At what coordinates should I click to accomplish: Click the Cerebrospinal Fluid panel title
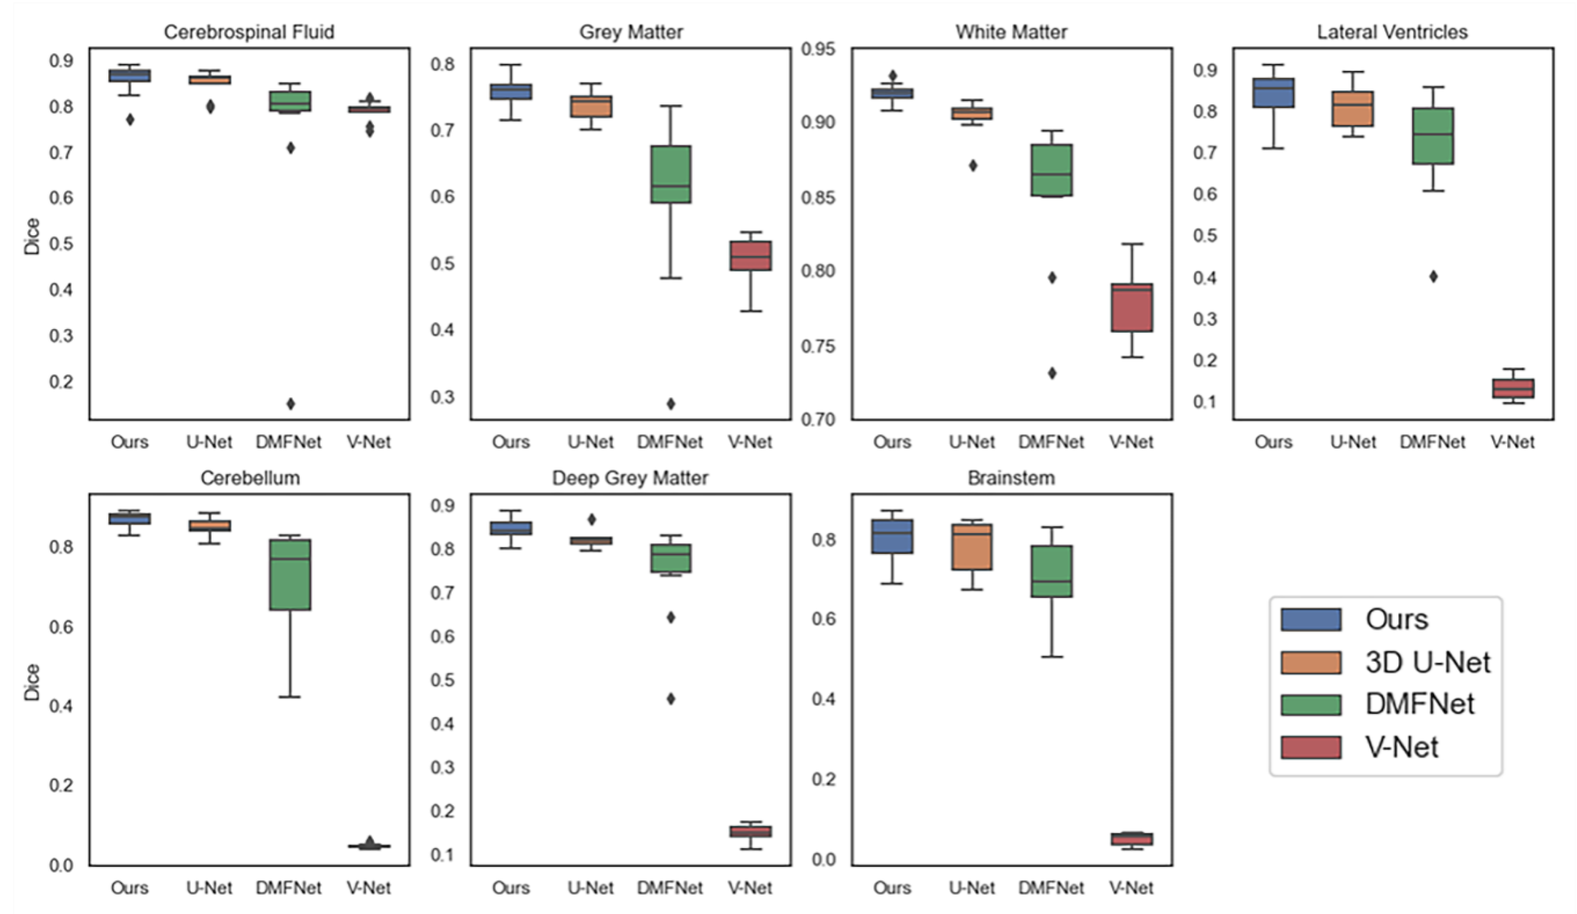(x=249, y=32)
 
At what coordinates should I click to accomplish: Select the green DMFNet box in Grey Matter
(x=670, y=174)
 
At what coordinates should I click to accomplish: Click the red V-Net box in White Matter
(x=1131, y=307)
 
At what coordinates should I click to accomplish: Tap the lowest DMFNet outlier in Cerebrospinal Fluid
(x=290, y=403)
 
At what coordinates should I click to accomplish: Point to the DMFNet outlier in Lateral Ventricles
(x=1433, y=276)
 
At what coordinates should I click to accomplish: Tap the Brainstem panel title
(x=1011, y=478)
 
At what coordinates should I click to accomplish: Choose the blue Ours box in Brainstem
(x=893, y=536)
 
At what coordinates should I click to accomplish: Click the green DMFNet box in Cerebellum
(x=290, y=574)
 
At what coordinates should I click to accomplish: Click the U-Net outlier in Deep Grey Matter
(x=591, y=519)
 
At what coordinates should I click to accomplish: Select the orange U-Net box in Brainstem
(x=972, y=547)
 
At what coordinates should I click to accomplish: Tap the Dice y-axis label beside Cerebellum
(x=32, y=682)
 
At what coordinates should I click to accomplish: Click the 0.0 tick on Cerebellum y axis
(x=61, y=865)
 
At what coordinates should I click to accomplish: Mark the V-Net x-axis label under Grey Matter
(x=750, y=442)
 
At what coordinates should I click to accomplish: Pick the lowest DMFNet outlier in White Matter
(x=1052, y=373)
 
